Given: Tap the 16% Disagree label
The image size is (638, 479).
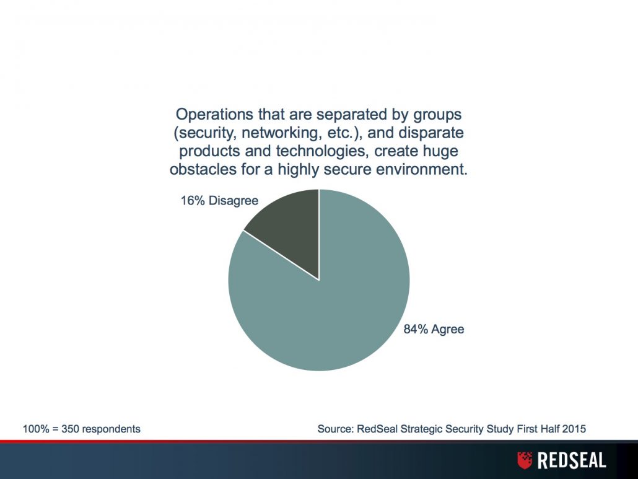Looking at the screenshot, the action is click(219, 201).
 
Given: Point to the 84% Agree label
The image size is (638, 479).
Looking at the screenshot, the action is click(434, 329).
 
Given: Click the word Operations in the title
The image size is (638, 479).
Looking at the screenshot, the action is click(214, 115).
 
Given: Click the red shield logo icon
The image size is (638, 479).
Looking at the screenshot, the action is click(525, 460).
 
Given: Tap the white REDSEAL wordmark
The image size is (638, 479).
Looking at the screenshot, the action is click(572, 460).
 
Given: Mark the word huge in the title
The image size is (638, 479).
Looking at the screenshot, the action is click(442, 152).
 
